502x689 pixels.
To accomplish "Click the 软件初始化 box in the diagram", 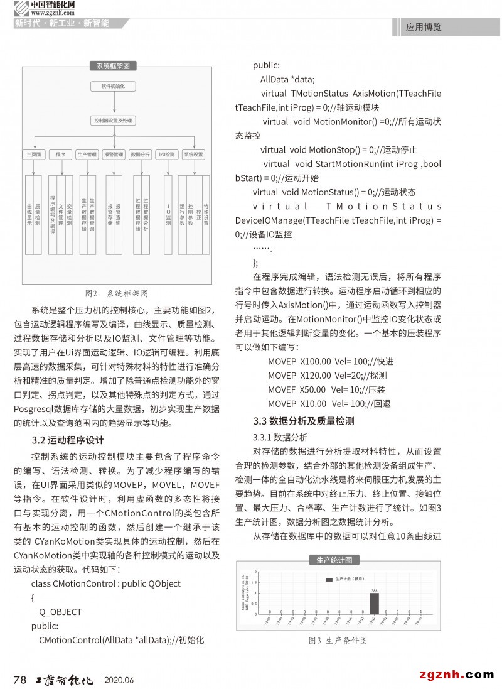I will [113, 85].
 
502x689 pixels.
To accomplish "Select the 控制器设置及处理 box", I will [113, 119].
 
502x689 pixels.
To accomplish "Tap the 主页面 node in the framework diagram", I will [33, 154].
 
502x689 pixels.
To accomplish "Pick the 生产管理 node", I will [87, 154].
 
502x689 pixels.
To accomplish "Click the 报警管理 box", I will [114, 154].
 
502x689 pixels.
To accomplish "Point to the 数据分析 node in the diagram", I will [140, 154].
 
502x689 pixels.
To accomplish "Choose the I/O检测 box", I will [167, 154].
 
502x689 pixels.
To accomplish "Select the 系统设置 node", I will [193, 154].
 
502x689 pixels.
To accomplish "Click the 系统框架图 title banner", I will [113, 66].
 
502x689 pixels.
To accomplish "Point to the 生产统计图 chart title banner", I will [333, 560].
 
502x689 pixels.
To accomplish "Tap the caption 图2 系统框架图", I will [117, 293].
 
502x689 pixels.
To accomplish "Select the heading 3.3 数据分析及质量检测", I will [303, 421].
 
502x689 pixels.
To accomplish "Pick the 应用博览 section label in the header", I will [424, 27].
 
